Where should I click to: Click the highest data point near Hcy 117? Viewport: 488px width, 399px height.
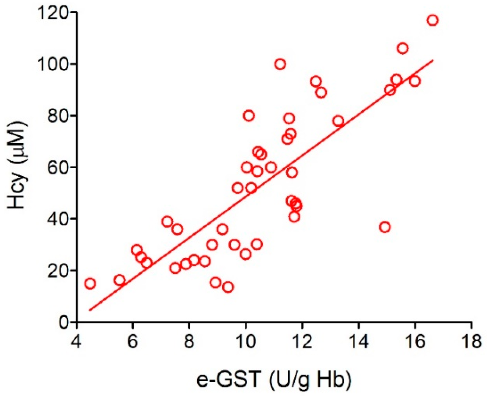coord(432,20)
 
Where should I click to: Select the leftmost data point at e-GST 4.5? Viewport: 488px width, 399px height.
coord(90,284)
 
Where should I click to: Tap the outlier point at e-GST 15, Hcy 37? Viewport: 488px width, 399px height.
coord(385,227)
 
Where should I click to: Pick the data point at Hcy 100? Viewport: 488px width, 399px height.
coord(280,64)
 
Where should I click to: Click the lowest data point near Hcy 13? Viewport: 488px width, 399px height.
coord(228,287)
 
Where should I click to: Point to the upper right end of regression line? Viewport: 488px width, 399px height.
coord(433,60)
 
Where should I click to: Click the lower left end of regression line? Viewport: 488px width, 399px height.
coord(90,310)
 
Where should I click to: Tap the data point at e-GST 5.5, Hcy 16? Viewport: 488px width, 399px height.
coord(119,280)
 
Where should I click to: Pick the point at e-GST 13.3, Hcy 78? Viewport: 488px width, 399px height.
coord(338,121)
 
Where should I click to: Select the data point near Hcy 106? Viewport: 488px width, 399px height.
coord(403,49)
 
